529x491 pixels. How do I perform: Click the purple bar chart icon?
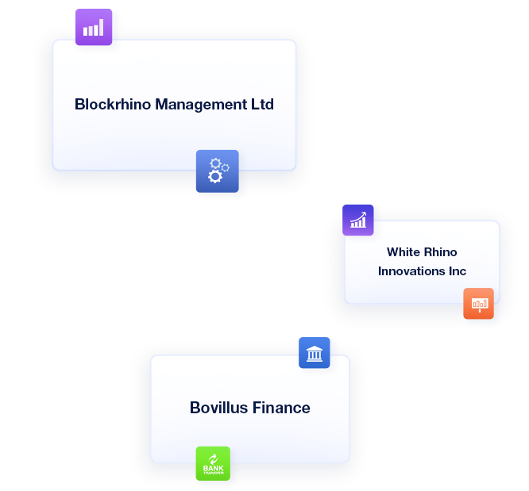pyautogui.click(x=94, y=27)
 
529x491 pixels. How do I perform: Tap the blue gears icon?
pyautogui.click(x=217, y=171)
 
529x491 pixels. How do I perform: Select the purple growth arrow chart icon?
pyautogui.click(x=357, y=220)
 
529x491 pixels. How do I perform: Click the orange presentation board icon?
pyautogui.click(x=478, y=303)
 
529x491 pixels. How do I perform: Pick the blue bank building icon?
pyautogui.click(x=315, y=353)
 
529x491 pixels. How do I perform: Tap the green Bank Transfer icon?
pyautogui.click(x=213, y=463)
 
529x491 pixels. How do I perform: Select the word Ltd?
pyautogui.click(x=261, y=104)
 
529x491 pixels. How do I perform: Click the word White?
pyautogui.click(x=403, y=252)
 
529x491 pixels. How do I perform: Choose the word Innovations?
pyautogui.click(x=411, y=271)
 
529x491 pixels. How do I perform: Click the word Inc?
pyautogui.click(x=457, y=271)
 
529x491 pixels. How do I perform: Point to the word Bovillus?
pyautogui.click(x=219, y=408)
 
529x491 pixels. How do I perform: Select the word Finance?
pyautogui.click(x=281, y=408)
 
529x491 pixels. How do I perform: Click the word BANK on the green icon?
pyautogui.click(x=213, y=469)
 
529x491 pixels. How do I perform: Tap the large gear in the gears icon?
pyautogui.click(x=215, y=175)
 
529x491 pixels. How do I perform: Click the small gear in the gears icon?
pyautogui.click(x=225, y=167)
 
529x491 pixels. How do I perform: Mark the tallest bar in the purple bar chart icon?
pyautogui.click(x=100, y=26)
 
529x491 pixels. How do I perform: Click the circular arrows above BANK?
pyautogui.click(x=213, y=458)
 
